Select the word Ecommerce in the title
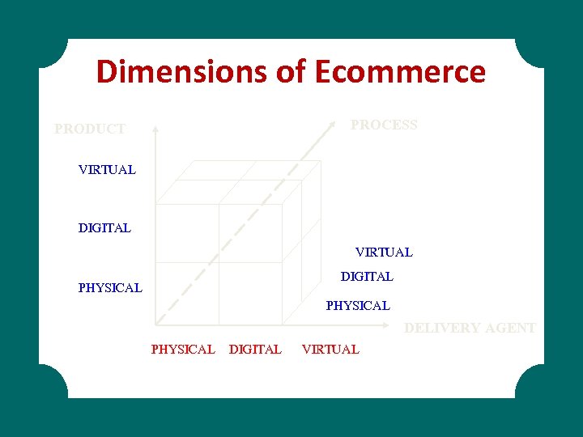tap(399, 72)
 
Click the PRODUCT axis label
tap(90, 129)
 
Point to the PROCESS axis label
tap(384, 125)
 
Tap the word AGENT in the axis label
tap(509, 328)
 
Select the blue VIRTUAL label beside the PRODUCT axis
tap(107, 170)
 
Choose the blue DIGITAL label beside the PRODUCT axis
tap(104, 228)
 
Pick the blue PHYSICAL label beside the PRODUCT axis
tap(110, 287)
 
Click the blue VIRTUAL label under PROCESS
tap(384, 252)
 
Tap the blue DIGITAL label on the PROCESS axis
tap(367, 277)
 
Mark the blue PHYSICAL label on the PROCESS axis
tap(358, 306)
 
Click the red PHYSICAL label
tap(183, 350)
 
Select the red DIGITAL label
tap(256, 350)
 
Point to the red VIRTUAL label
tap(330, 350)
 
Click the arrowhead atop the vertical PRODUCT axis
tap(155, 128)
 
